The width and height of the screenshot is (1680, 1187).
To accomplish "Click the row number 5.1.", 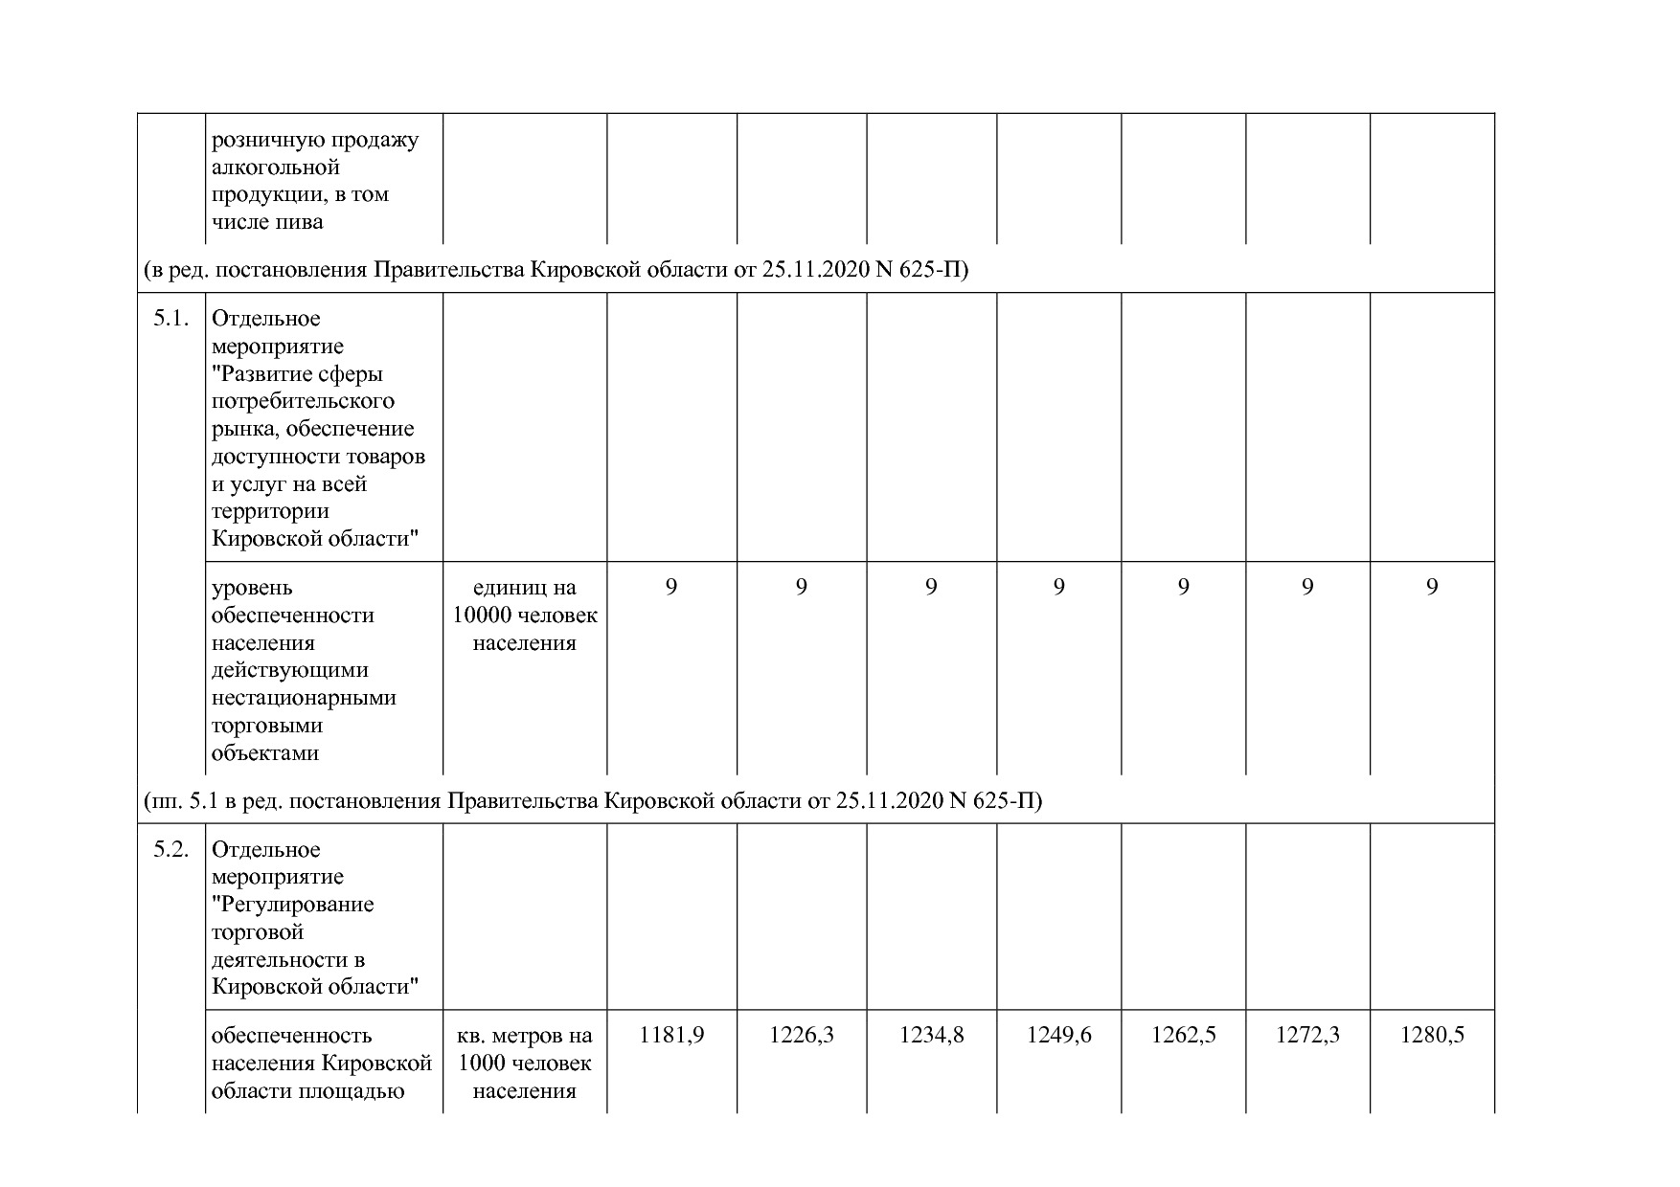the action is pos(170,319).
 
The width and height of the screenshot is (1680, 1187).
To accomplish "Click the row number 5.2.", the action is pos(170,850).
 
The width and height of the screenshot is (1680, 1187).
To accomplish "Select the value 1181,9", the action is pos(671,1035).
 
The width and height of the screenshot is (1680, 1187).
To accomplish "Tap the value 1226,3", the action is pos(802,1035).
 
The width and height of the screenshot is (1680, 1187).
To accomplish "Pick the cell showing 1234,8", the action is pos(931,1035).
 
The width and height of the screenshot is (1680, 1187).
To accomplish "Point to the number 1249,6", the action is pos(1058,1035).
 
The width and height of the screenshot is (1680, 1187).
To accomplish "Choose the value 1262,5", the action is pos(1183,1035).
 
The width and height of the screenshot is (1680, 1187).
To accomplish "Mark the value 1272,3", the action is pos(1307,1035).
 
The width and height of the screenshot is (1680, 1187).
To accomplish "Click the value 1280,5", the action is pos(1432,1035).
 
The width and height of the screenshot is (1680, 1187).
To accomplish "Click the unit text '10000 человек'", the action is pos(525,616).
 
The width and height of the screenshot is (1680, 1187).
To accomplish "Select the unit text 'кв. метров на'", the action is pos(525,1036).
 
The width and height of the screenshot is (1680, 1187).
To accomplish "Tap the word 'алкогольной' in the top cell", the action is pos(275,168).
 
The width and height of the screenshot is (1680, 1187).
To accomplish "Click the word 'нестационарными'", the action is pos(304,698).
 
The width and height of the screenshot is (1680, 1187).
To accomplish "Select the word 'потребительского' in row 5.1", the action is pos(303,401).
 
